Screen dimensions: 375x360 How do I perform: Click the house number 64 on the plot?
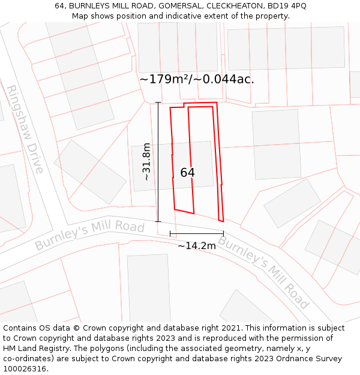pos(187,173)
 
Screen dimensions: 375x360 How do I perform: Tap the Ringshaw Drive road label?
pos(25,129)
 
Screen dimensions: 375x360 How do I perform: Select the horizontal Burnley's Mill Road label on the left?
pos(89,236)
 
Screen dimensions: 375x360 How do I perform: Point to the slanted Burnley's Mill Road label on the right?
pos(263,272)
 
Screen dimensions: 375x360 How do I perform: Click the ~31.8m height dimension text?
pos(146,161)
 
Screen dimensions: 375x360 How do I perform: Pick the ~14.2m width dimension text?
pos(197,245)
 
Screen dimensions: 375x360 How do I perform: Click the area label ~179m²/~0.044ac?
pos(197,79)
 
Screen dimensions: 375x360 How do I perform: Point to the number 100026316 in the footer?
pos(25,369)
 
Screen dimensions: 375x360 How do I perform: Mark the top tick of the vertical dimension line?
pos(158,103)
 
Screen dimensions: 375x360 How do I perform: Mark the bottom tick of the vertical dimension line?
pos(158,221)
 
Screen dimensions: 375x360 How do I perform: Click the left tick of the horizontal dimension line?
pos(170,233)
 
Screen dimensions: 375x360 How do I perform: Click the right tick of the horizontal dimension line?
pos(223,233)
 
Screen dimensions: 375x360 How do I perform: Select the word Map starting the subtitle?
pos(80,16)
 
